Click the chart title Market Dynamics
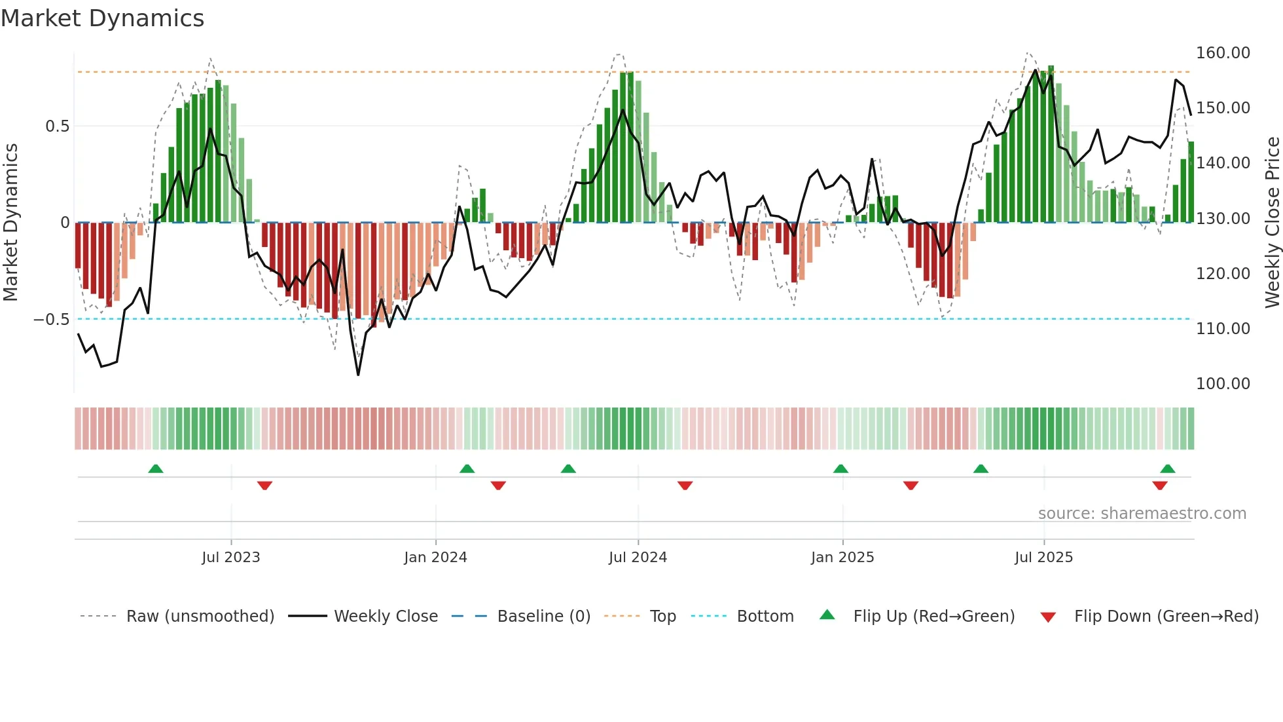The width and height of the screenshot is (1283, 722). (103, 18)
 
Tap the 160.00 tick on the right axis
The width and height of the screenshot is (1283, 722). (1222, 53)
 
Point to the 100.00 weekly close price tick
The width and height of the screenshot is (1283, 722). (1222, 384)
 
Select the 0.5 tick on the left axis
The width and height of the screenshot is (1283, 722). (57, 126)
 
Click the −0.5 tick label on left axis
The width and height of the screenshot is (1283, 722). (52, 320)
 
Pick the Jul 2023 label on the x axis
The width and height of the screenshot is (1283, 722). (231, 558)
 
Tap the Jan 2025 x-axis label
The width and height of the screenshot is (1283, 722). (842, 558)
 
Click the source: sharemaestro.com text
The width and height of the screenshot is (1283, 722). (1142, 514)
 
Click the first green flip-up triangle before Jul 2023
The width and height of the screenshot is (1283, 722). (156, 469)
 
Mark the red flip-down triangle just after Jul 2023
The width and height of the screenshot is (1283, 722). (264, 485)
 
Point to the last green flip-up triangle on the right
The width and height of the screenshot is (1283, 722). (1168, 469)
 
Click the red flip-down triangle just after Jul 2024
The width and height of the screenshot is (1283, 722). (685, 485)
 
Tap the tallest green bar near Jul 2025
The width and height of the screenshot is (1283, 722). (1051, 144)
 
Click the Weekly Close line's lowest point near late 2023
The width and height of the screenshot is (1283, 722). (358, 375)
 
